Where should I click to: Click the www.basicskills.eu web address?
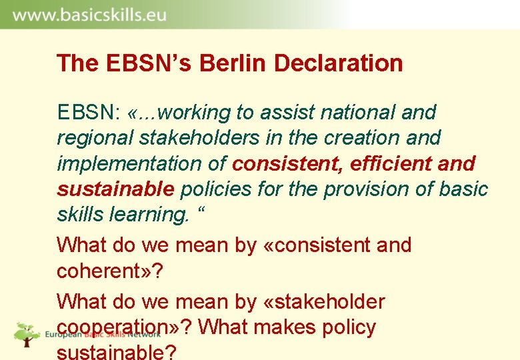(89, 15)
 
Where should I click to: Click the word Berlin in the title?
(225, 63)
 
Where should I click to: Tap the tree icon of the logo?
(27, 333)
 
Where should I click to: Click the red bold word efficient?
(385, 163)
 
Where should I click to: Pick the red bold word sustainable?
(115, 189)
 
